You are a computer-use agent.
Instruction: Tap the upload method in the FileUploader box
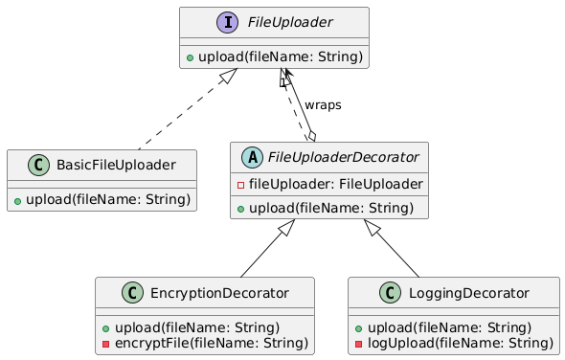274,57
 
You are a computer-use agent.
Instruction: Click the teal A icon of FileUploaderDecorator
249,159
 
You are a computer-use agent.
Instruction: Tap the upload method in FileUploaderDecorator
330,208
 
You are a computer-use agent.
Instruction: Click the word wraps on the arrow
323,104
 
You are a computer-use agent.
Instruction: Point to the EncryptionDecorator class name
215,293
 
